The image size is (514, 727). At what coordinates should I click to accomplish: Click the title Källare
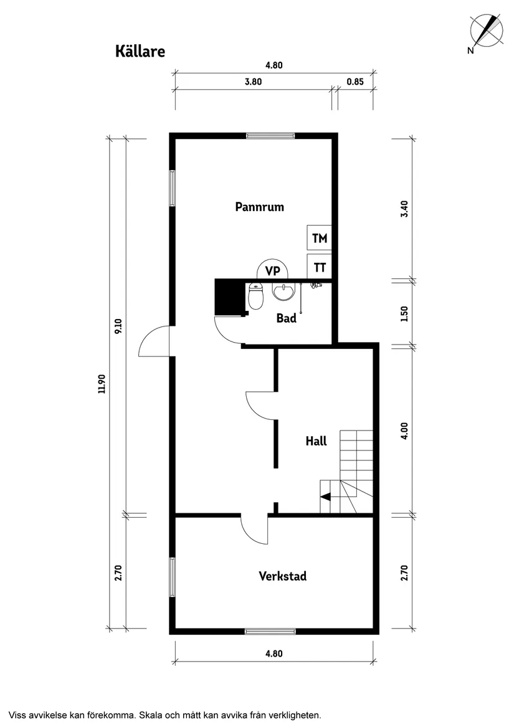(x=140, y=51)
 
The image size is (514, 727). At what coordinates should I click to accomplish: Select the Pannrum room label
(x=259, y=207)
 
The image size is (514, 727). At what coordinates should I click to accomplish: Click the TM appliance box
(x=319, y=238)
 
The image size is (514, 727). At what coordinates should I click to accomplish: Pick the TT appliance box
(x=319, y=268)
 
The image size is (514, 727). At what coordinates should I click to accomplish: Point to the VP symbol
(x=272, y=270)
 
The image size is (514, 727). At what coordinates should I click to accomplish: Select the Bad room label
(x=286, y=318)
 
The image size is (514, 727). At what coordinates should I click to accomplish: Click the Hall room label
(x=316, y=441)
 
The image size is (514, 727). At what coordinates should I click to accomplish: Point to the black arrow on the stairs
(x=325, y=497)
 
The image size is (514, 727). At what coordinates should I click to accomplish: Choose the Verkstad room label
(x=282, y=576)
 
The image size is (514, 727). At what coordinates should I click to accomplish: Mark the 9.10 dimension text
(x=118, y=326)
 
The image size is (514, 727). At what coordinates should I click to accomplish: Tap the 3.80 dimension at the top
(x=253, y=81)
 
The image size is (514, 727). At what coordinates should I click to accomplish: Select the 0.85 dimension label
(x=355, y=81)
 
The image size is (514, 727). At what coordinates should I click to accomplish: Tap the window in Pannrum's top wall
(x=269, y=135)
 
